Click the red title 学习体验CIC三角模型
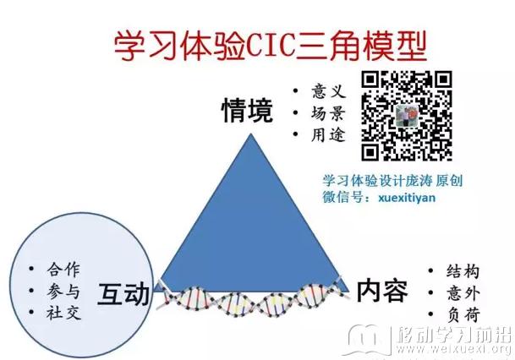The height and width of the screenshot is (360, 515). pos(270,46)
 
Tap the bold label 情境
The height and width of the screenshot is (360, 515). pos(247,111)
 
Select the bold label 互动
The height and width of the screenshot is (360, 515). pos(123,294)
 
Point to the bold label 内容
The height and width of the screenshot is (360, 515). pos(382,291)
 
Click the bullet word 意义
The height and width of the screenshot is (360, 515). pos(328,91)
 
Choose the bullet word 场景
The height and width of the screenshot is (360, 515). pos(328,113)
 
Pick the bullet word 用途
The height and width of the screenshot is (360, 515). pos(328,135)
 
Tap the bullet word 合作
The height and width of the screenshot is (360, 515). pos(63,270)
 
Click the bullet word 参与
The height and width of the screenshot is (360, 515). pos(63,291)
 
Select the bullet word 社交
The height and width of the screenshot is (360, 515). pos(63,313)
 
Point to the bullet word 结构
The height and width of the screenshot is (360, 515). pos(463,271)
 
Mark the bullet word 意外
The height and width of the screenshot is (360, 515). pos(463,293)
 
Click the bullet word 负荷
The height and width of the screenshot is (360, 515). pos(463,314)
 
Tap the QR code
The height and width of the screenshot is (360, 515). pos(407,116)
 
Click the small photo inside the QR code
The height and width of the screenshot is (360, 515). pos(407,116)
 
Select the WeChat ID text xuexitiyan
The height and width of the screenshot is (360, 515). pos(407,198)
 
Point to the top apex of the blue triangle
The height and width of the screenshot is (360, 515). pos(251,134)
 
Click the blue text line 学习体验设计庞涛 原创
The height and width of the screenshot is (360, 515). pos(392,181)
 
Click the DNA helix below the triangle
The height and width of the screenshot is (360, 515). pos(253,299)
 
